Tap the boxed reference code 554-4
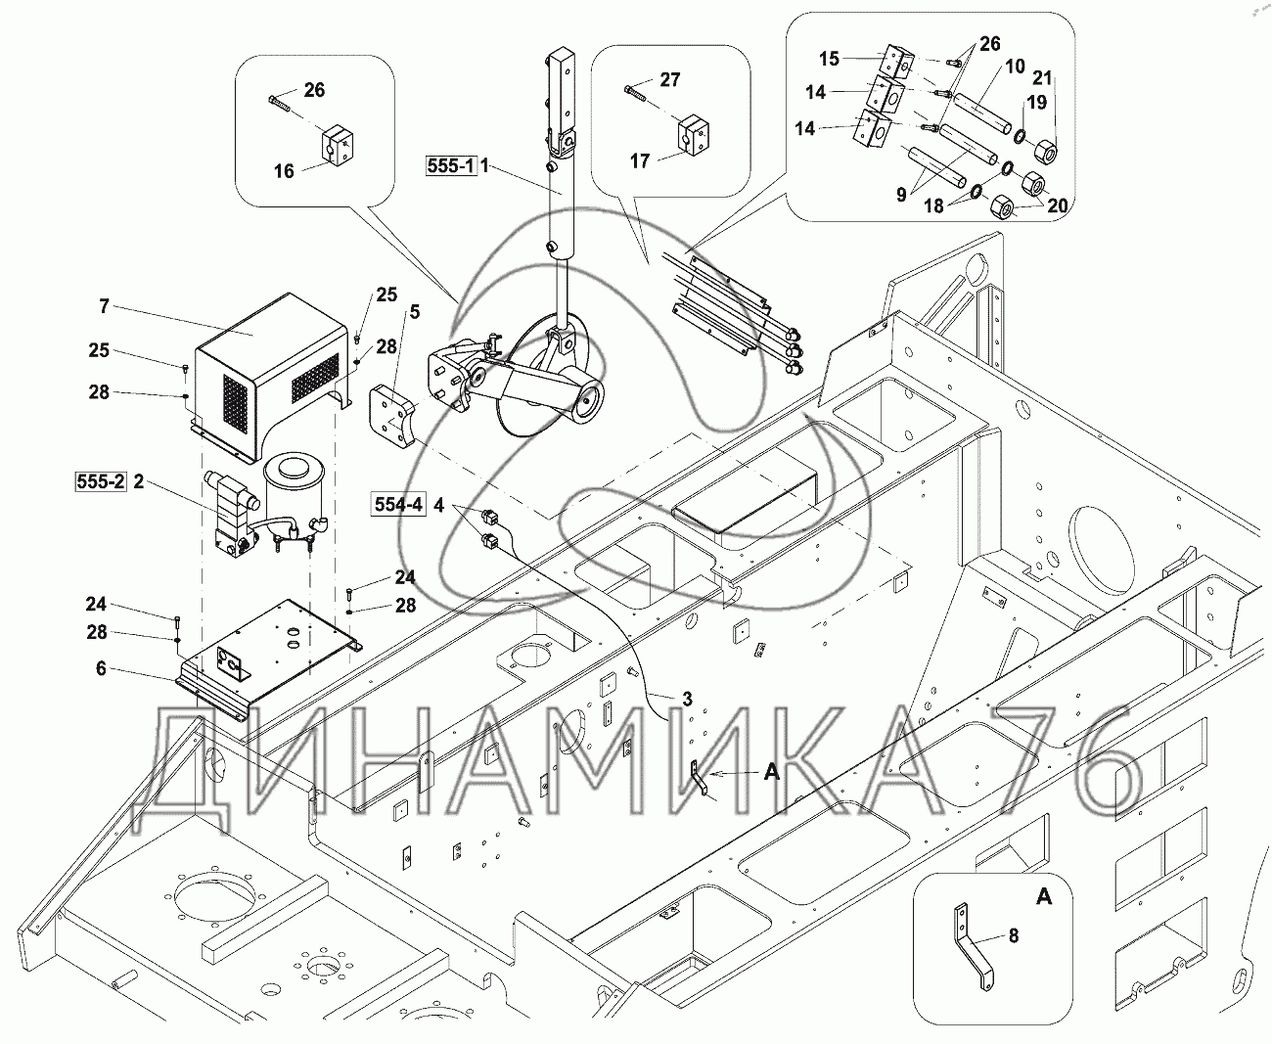397,505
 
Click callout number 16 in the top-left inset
283,172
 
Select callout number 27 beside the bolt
669,79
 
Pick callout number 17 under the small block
639,160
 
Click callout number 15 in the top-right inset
829,59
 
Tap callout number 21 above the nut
1043,77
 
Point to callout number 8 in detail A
1013,936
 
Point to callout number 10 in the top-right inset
1014,67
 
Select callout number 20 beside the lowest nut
1057,205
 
